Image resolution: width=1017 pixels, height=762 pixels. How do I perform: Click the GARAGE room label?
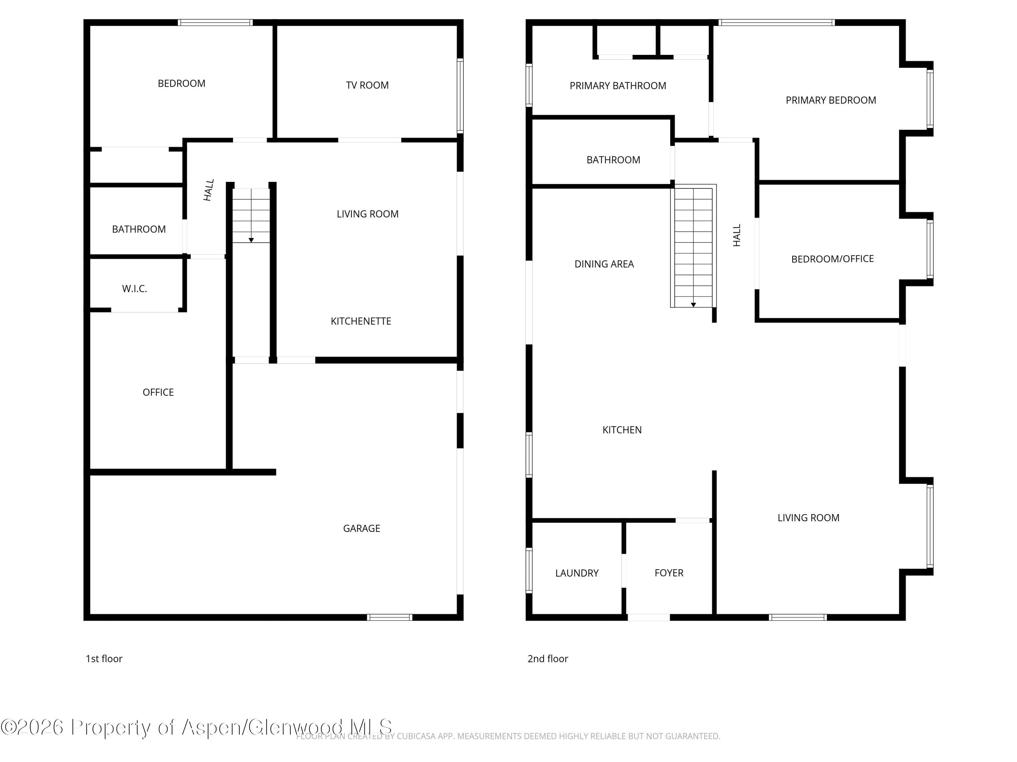coord(361,528)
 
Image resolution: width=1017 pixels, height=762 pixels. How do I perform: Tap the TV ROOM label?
coord(367,85)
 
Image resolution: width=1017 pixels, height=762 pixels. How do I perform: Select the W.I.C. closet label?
coord(134,289)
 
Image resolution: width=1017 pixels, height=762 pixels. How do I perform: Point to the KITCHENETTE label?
coord(361,321)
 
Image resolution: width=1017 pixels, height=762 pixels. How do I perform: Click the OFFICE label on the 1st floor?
coord(158,392)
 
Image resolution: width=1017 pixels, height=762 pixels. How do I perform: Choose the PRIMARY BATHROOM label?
coord(618,85)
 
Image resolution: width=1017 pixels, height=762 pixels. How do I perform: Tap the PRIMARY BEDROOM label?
coord(831,100)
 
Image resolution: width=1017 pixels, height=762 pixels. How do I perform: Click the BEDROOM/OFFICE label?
coord(833,259)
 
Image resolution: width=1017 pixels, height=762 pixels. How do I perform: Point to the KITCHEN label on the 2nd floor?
coord(622,429)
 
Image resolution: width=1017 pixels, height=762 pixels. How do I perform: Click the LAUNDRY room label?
coord(577,573)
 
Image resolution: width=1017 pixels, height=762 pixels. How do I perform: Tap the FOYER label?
coord(669,573)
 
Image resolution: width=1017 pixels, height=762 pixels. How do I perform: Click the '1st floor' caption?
coord(104,659)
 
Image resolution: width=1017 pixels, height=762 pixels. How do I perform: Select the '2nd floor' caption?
coord(547,659)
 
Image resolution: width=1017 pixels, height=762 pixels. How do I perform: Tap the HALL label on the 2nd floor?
coord(737,235)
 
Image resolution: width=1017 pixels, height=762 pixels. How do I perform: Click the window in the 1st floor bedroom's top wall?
coord(215,22)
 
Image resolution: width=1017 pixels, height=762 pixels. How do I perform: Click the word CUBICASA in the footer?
coord(416,736)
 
